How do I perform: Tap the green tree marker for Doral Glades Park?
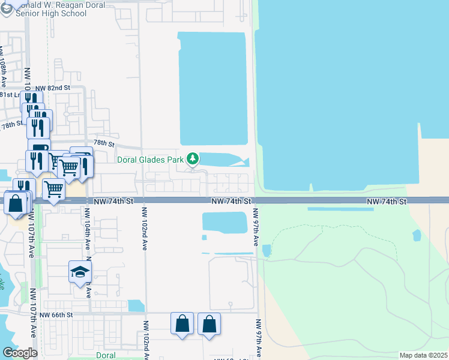pos(193,159)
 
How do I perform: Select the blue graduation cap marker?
pos(80,273)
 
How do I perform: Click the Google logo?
pos(20,353)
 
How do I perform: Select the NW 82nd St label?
pos(53,88)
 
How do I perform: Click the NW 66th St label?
pos(55,314)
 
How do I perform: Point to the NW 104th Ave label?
pos(88,229)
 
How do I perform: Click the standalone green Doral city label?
pos(106,355)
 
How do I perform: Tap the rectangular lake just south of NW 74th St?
pos(224,222)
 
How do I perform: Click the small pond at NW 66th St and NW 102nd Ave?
pos(136,305)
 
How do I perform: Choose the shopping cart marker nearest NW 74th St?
pos(54,190)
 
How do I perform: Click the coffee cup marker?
pos(40,150)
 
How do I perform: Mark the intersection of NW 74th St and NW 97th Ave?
pos(256,200)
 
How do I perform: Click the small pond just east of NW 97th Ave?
pos(267,250)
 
